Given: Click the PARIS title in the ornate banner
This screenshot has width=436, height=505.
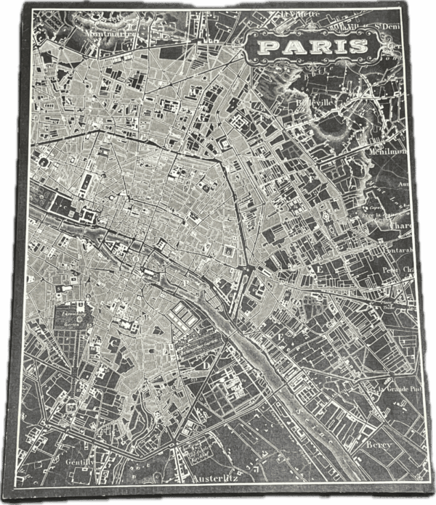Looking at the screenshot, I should point(313,47).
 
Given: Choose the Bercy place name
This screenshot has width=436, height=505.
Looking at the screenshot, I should point(379,444).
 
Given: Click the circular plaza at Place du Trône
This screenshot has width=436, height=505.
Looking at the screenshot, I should point(399,300).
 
